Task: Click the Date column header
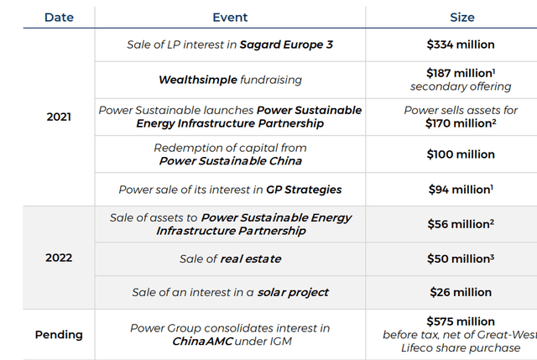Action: tap(59, 17)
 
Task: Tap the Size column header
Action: tap(462, 17)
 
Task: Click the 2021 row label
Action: tap(59, 117)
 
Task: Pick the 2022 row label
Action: tap(59, 258)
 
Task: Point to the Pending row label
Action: tap(59, 334)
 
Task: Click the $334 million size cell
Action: tap(461, 44)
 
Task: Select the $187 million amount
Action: tap(458, 74)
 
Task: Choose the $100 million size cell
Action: tap(461, 154)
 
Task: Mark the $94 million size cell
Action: tap(458, 189)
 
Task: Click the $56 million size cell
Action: tap(458, 224)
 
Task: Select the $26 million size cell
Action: tap(461, 292)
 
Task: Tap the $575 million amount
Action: tap(461, 321)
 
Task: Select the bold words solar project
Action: tap(293, 292)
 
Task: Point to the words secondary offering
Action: tap(461, 86)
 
